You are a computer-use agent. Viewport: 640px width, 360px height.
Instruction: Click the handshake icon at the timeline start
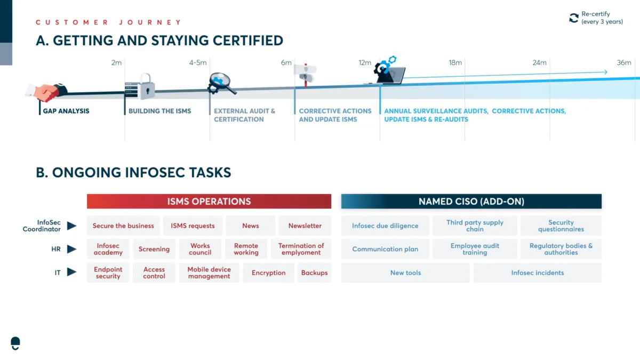pyautogui.click(x=46, y=92)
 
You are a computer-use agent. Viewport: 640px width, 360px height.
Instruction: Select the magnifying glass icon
pyautogui.click(x=222, y=83)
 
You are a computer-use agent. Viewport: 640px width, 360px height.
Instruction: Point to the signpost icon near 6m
pyautogui.click(x=306, y=75)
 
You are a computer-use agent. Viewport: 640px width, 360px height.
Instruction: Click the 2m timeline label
pyautogui.click(x=116, y=62)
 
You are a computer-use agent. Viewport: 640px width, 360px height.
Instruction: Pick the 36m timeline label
pyautogui.click(x=623, y=62)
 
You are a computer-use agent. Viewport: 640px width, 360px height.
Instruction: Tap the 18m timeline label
pyautogui.click(x=455, y=62)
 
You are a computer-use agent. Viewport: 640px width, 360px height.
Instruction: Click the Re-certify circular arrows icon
pyautogui.click(x=573, y=18)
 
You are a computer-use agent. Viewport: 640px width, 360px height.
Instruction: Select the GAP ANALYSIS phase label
pyautogui.click(x=66, y=111)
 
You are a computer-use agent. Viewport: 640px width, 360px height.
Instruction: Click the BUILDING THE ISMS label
pyautogui.click(x=159, y=111)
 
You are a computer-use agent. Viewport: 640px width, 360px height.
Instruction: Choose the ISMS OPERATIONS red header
pyautogui.click(x=209, y=202)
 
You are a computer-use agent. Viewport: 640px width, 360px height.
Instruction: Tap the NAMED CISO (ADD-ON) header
pyautogui.click(x=471, y=202)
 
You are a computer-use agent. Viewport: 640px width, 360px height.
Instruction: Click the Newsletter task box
pyautogui.click(x=305, y=226)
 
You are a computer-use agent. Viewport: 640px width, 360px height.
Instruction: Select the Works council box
pyautogui.click(x=200, y=249)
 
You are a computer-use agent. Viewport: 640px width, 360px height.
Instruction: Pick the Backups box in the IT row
pyautogui.click(x=314, y=273)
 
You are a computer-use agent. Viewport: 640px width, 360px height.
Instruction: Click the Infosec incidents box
pyautogui.click(x=538, y=273)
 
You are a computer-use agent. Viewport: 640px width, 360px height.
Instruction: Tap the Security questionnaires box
pyautogui.click(x=561, y=226)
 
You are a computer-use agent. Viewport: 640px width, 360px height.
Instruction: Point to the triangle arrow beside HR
pyautogui.click(x=71, y=249)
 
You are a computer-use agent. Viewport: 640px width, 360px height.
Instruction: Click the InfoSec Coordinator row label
pyautogui.click(x=42, y=226)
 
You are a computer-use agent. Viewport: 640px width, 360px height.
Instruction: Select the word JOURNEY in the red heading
pyautogui.click(x=150, y=22)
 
